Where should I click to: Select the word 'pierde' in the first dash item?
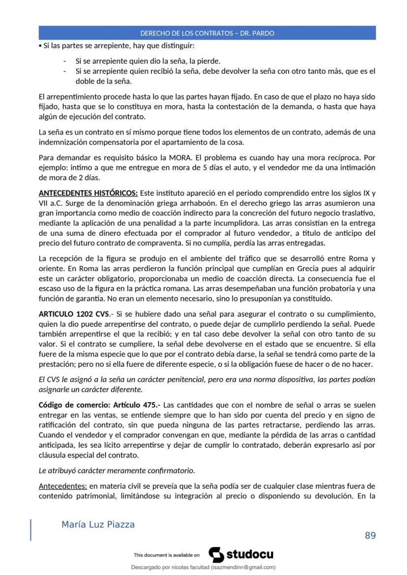click(x=209, y=61)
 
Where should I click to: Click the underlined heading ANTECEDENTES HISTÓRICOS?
click(x=88, y=192)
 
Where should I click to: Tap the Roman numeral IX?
click(x=366, y=192)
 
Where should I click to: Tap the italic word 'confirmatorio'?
click(x=171, y=470)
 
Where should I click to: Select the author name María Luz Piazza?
click(x=98, y=524)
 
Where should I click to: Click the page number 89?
click(x=370, y=535)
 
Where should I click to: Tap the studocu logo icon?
click(x=216, y=554)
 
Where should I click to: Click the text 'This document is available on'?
click(x=166, y=555)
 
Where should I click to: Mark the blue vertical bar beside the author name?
click(x=31, y=529)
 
